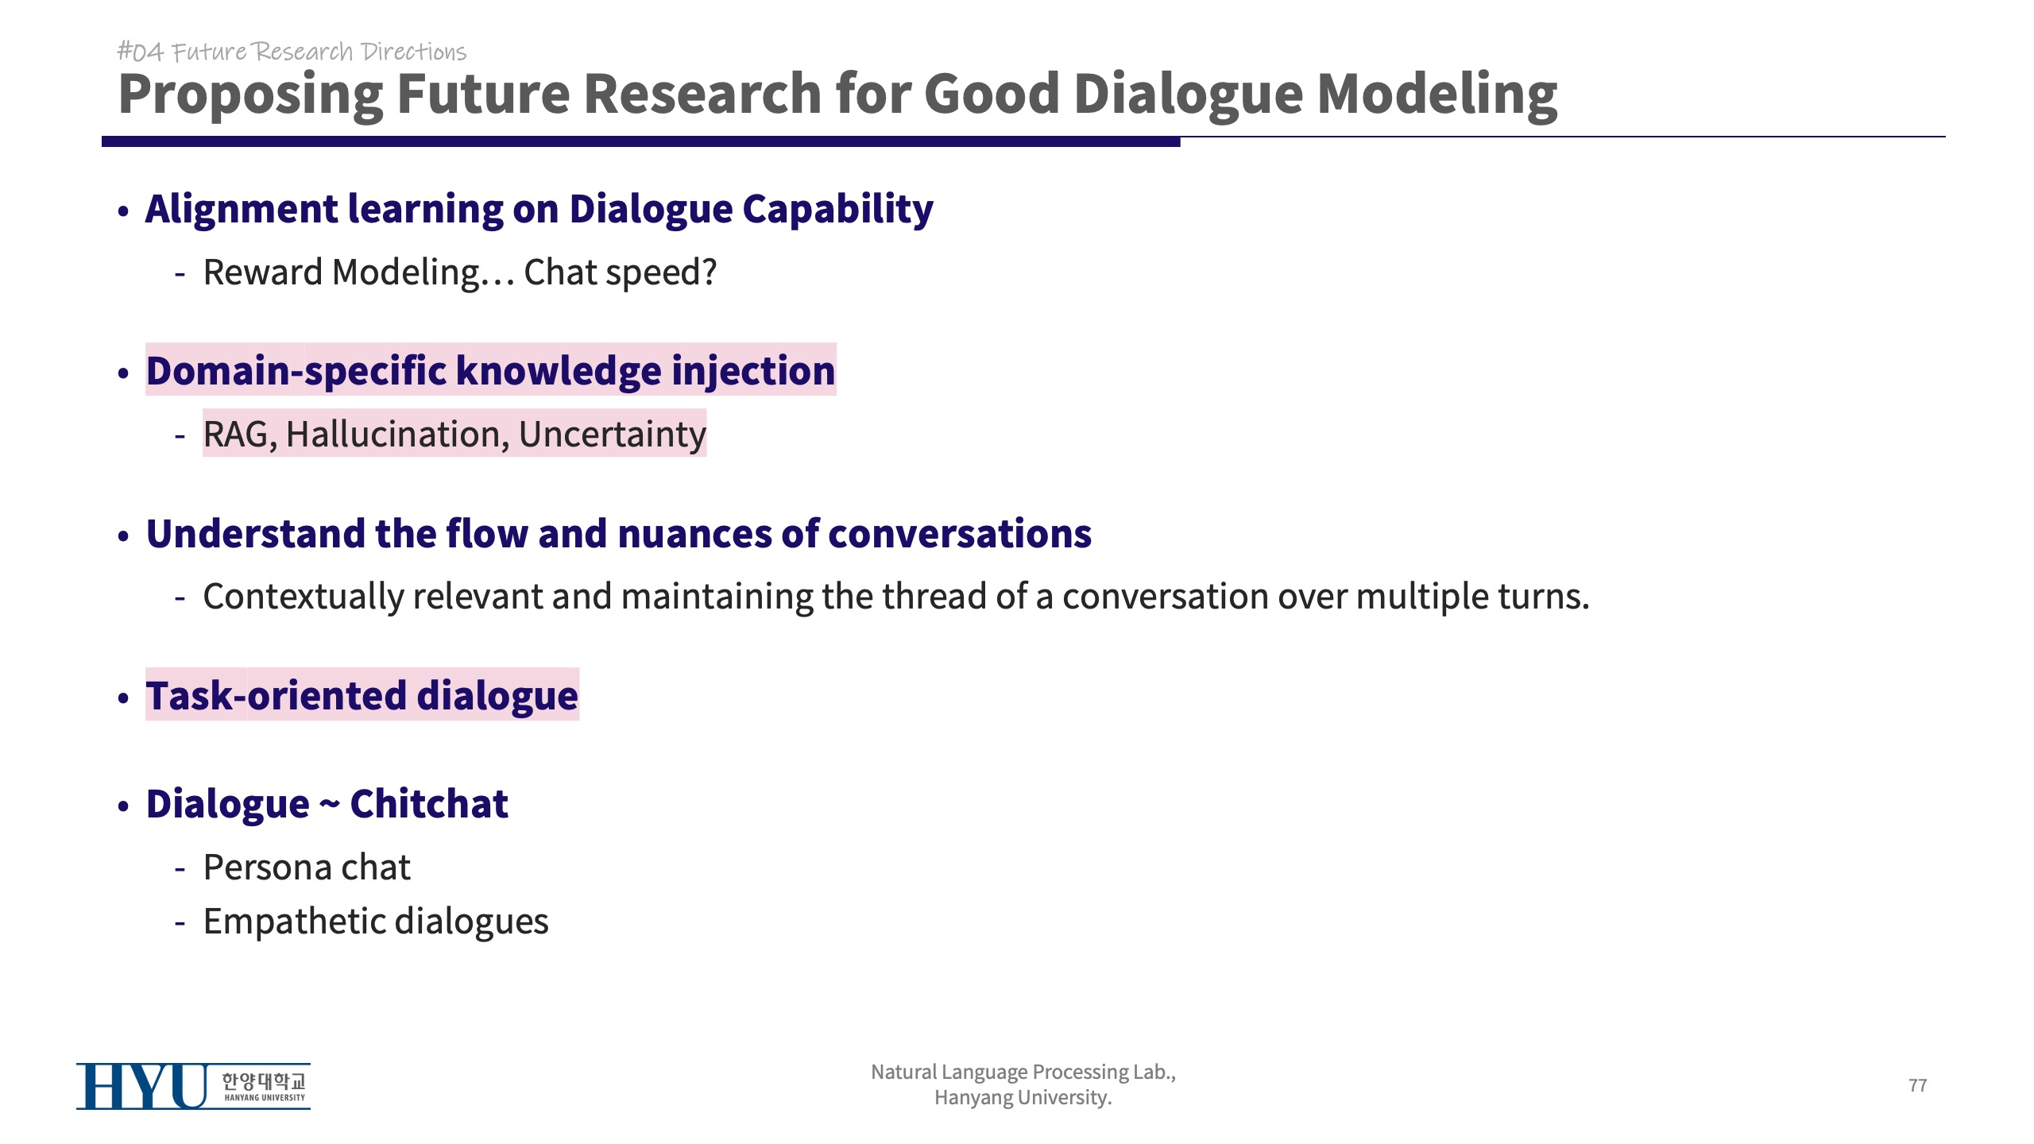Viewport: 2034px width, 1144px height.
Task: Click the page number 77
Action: click(1917, 1085)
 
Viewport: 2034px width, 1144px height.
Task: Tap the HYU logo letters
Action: click(142, 1086)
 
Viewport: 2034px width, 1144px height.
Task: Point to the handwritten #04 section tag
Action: click(141, 52)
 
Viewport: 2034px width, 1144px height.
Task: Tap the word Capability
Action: click(838, 210)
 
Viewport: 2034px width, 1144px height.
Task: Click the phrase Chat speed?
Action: click(621, 272)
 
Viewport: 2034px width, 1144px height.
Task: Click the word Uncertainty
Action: click(613, 435)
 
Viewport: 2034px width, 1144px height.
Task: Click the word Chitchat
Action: click(429, 804)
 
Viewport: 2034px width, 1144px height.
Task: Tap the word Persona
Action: click(268, 868)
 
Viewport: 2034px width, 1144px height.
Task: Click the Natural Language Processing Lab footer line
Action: click(1023, 1072)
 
